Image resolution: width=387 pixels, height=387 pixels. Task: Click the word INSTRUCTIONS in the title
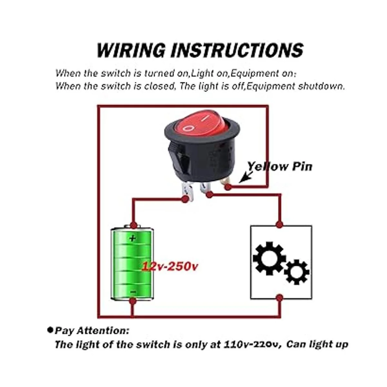(237, 50)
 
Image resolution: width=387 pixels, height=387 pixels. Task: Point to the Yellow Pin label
(280, 166)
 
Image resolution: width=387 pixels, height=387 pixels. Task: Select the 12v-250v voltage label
(170, 267)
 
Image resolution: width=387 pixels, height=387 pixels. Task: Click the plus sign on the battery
(133, 239)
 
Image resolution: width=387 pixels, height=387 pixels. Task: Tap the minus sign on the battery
(133, 292)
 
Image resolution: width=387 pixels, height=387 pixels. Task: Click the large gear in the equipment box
(269, 258)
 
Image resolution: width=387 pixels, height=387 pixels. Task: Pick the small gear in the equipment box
(296, 272)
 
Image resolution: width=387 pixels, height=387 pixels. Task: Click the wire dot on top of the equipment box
(279, 224)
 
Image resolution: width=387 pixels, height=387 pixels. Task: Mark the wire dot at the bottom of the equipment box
(280, 298)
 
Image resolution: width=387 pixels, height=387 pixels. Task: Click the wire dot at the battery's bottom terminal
(132, 301)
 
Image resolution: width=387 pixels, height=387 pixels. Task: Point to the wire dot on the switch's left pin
(185, 199)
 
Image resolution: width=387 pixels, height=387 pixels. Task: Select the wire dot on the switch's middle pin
(209, 194)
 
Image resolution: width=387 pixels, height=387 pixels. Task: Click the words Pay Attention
(92, 331)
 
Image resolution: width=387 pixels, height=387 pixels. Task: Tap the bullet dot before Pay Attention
(50, 330)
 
